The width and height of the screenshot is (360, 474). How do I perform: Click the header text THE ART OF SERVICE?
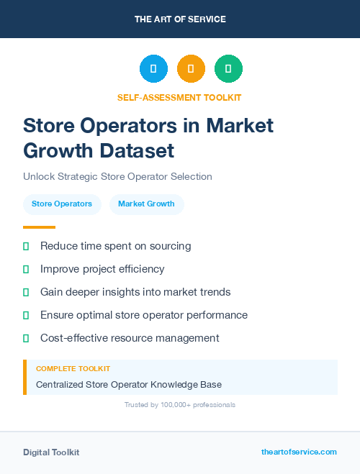[180, 19]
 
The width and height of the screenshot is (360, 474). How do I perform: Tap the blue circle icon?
[153, 68]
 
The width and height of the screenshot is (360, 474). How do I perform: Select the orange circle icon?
[191, 68]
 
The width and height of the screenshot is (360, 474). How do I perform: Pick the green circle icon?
[228, 68]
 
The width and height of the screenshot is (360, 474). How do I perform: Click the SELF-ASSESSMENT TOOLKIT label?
[179, 97]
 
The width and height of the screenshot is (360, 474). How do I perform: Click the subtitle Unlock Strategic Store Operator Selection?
[117, 176]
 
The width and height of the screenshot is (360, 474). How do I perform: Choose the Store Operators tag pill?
[62, 204]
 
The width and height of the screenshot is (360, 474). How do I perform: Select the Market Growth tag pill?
[146, 204]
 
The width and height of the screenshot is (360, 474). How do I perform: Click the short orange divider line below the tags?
[39, 227]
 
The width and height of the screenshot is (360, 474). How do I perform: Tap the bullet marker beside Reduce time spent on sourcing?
[26, 246]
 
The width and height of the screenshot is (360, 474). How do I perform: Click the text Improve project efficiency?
[102, 269]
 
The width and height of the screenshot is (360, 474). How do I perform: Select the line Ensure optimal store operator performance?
[144, 315]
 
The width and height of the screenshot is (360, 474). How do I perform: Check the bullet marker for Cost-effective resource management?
[26, 338]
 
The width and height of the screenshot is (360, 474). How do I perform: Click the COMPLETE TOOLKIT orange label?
[73, 369]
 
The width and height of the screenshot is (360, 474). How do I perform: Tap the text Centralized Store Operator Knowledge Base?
[129, 384]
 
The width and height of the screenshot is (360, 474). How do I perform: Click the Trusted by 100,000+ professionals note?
[180, 405]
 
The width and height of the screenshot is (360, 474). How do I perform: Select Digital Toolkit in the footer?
[51, 452]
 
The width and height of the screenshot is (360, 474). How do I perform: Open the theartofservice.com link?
[299, 452]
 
